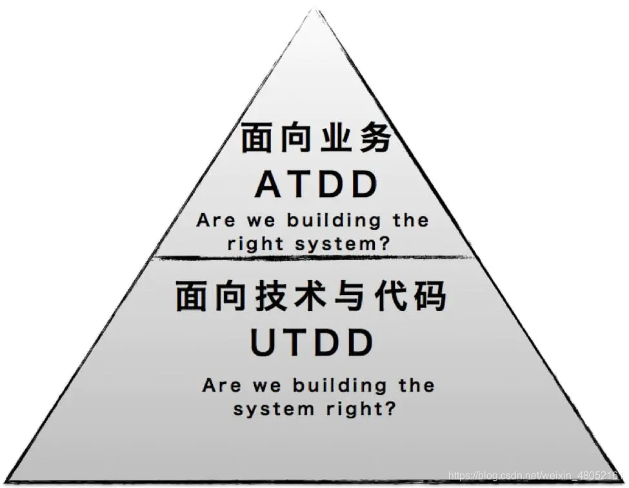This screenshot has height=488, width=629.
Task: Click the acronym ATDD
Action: click(x=316, y=185)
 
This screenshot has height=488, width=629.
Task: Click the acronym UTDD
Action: click(x=312, y=343)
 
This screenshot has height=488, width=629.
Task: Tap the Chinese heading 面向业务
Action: click(x=316, y=138)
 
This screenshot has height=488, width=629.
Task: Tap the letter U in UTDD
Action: click(x=264, y=343)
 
